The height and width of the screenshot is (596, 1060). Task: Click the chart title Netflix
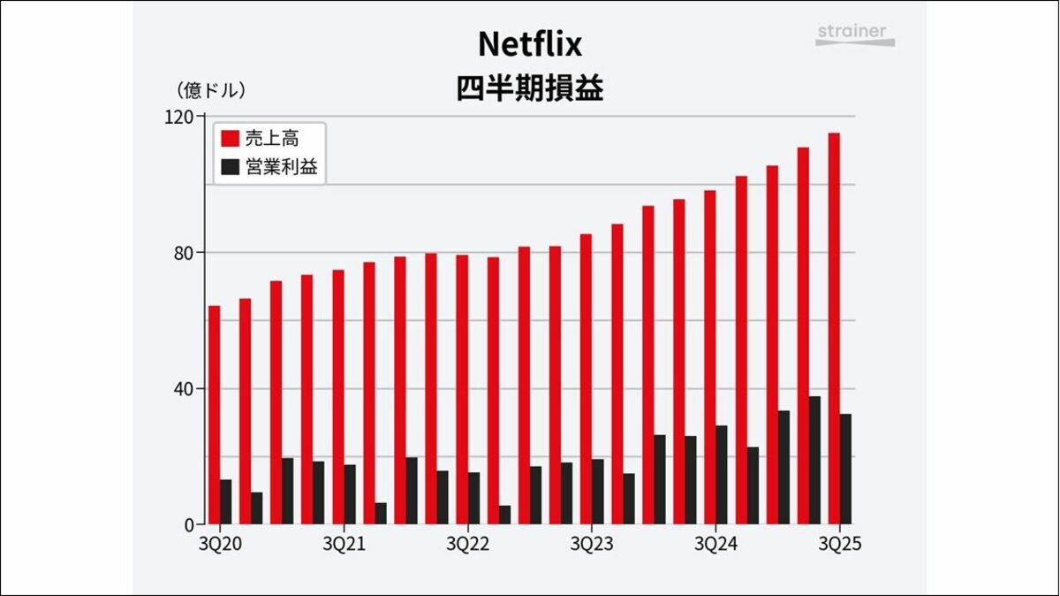[529, 43]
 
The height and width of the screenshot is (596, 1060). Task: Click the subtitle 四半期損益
[529, 89]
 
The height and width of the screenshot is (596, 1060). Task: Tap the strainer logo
[854, 34]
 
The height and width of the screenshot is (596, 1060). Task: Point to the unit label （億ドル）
[211, 90]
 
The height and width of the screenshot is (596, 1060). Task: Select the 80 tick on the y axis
[183, 252]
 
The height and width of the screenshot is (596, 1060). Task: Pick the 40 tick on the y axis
[183, 388]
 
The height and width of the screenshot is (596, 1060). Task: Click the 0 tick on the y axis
[187, 524]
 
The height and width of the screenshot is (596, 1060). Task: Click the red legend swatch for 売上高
[230, 139]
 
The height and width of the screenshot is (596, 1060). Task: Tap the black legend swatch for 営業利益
[230, 166]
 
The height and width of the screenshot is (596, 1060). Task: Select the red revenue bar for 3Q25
[834, 328]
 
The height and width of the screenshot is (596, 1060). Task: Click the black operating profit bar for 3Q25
[845, 469]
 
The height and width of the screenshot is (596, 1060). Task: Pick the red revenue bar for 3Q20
[214, 415]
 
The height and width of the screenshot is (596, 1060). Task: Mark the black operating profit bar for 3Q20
[225, 501]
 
